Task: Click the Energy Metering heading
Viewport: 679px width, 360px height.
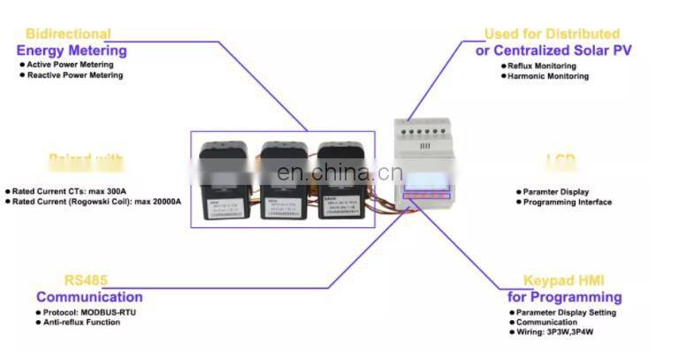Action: (x=72, y=50)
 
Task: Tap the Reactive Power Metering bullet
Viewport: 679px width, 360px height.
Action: (x=74, y=75)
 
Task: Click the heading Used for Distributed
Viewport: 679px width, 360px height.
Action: (x=552, y=34)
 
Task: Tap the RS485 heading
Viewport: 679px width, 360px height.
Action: (x=87, y=280)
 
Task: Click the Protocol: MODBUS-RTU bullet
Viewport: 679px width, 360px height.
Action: (x=88, y=312)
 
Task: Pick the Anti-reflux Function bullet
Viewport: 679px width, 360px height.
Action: (x=81, y=323)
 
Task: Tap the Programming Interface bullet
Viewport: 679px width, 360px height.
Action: (x=567, y=203)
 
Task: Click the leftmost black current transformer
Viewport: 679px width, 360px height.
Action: (x=226, y=177)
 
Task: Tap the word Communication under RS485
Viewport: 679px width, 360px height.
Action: (x=89, y=297)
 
